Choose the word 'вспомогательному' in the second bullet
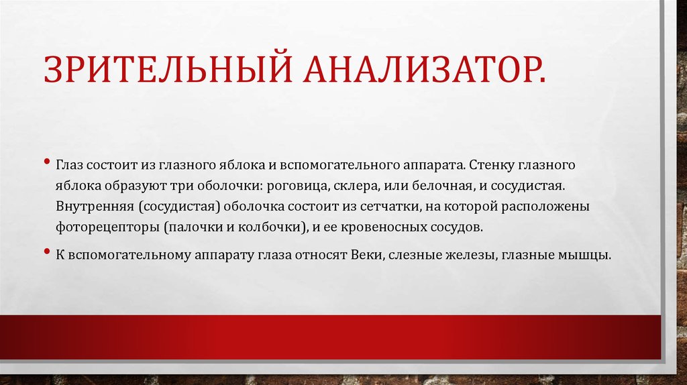[x=124, y=256]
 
